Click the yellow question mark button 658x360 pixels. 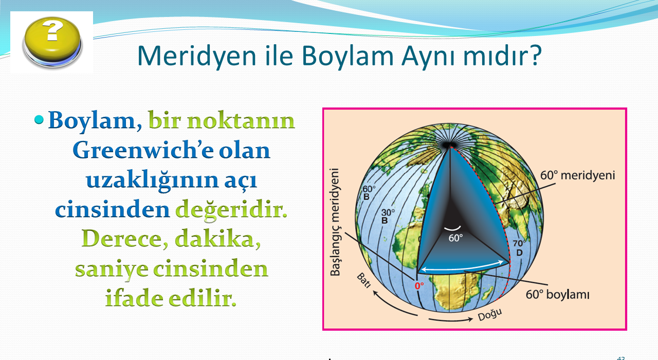52,42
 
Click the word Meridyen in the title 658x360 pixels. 196,56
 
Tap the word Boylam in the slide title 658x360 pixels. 348,56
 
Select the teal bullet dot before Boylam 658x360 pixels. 39,120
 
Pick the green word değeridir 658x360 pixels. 231,210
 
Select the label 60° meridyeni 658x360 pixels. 577,175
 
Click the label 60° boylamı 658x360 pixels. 558,295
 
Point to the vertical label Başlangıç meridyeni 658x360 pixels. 335,222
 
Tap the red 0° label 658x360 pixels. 419,285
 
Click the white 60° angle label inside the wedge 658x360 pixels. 455,238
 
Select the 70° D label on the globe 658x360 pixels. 519,248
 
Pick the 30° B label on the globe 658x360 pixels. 388,217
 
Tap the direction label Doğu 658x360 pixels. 490,315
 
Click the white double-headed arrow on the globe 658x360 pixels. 463,266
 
